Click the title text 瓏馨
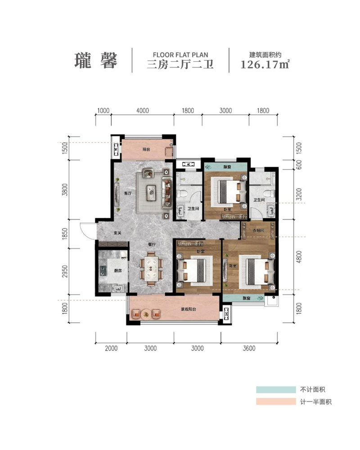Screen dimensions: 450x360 (95, 61)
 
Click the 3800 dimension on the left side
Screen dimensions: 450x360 (65, 190)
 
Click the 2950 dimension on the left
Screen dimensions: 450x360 (65, 271)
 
